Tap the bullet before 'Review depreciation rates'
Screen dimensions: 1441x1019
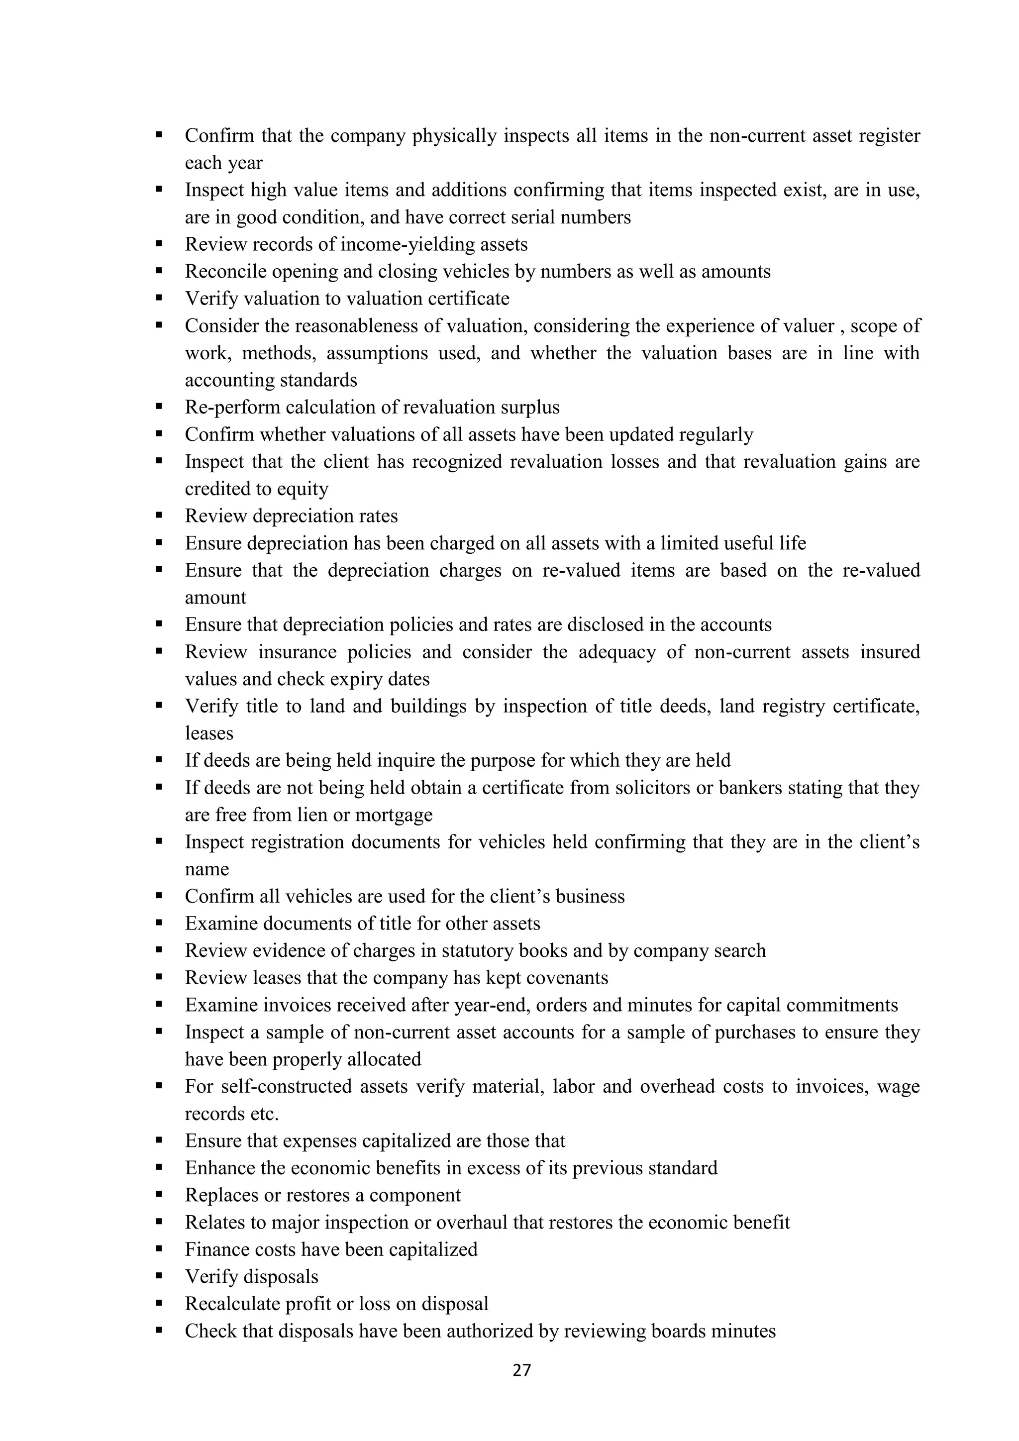[x=159, y=515]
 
